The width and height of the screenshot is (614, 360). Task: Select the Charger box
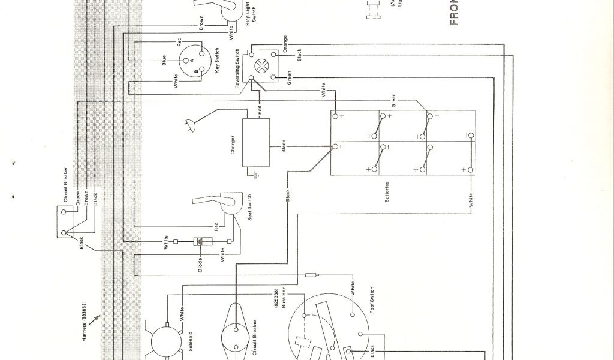255,143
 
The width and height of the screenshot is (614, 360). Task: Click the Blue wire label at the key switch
164,61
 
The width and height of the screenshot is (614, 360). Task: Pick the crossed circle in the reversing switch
262,66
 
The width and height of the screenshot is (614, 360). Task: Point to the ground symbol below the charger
255,176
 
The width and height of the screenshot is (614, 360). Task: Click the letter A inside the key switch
191,61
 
